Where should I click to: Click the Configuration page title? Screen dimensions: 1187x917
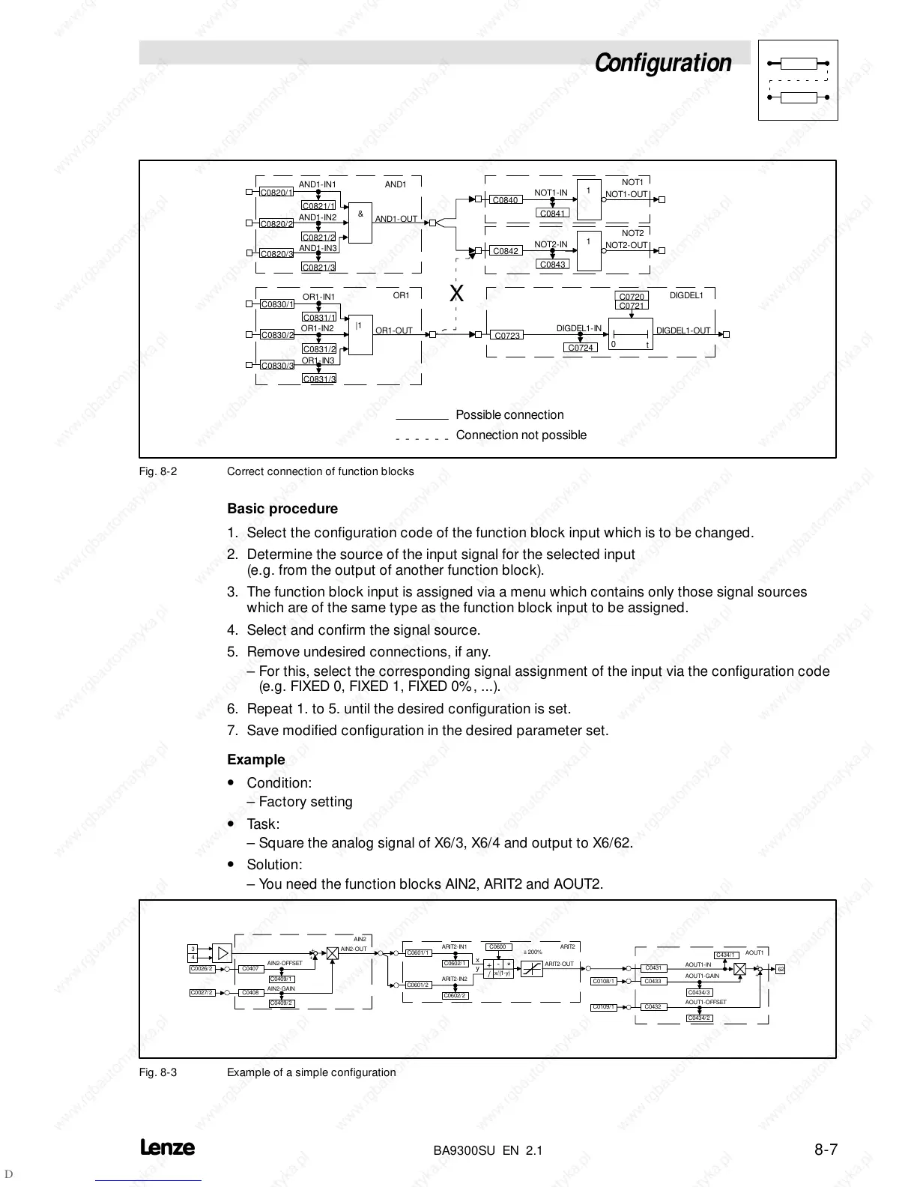662,63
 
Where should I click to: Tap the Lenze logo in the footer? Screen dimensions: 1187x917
167,1148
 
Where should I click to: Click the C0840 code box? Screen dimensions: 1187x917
505,200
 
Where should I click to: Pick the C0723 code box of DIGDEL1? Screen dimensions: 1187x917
507,335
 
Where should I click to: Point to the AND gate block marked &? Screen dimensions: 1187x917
360,223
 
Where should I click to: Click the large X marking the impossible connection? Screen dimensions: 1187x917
456,294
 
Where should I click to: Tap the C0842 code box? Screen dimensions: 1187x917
505,251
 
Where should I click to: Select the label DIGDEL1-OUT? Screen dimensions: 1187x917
683,330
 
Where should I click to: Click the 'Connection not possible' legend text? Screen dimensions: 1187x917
521,435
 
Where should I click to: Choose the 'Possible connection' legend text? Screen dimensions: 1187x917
509,415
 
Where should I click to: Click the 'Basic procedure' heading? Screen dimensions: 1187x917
282,509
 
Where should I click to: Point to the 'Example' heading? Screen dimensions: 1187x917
256,760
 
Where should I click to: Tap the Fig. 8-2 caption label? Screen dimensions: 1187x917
158,471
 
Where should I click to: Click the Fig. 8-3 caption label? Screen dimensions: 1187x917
158,1072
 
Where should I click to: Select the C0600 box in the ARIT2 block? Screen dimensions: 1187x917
497,947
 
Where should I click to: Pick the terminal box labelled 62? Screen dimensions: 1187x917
781,969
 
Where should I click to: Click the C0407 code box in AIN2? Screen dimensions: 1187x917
250,969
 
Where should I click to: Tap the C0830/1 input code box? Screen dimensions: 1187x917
276,304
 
